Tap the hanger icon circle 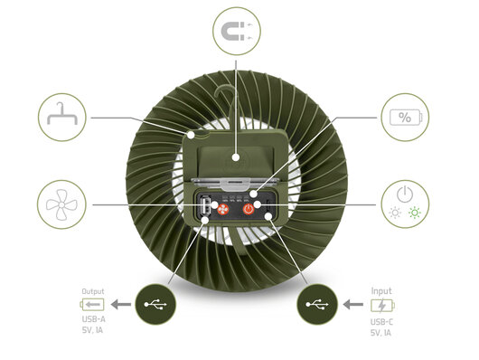(x=62, y=118)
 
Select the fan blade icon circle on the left (x=62, y=203)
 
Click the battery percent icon (x=404, y=118)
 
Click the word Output (x=93, y=290)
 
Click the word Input (x=381, y=290)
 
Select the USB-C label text (x=383, y=322)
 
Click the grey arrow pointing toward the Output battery (x=121, y=305)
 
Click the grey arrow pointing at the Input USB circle (x=355, y=305)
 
